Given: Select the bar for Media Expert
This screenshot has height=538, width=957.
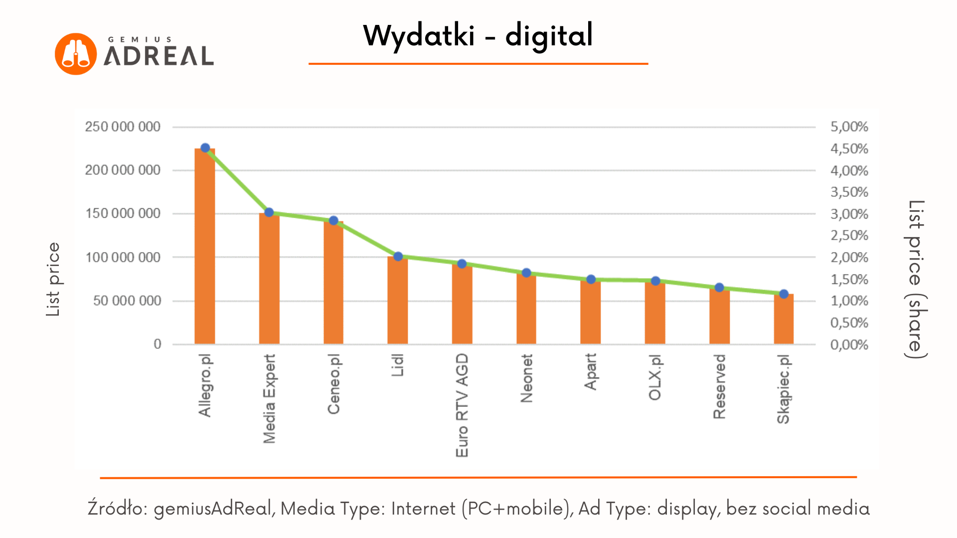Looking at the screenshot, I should pyautogui.click(x=269, y=279).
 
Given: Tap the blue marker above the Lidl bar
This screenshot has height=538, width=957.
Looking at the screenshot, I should pyautogui.click(x=398, y=257).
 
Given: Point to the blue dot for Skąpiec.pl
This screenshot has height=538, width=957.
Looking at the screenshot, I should pyautogui.click(x=784, y=294).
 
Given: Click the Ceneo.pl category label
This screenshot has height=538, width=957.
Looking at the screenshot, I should pyautogui.click(x=333, y=384).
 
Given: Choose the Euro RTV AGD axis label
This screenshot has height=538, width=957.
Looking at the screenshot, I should pyautogui.click(x=462, y=405).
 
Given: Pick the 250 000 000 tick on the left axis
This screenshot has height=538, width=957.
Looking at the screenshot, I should pyautogui.click(x=123, y=127).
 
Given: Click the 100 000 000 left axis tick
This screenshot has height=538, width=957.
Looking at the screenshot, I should pyautogui.click(x=123, y=258).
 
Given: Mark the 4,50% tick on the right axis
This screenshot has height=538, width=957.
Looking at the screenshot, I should pyautogui.click(x=849, y=149).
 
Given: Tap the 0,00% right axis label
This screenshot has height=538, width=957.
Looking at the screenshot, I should pyautogui.click(x=849, y=345).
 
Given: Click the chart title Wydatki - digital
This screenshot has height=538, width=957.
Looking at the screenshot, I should pyautogui.click(x=478, y=36).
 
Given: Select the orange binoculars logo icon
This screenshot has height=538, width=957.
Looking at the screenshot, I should pyautogui.click(x=76, y=54).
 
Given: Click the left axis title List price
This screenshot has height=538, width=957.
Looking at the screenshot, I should pyautogui.click(x=53, y=279).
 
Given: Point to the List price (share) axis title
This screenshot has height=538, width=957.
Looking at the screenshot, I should pyautogui.click(x=916, y=279).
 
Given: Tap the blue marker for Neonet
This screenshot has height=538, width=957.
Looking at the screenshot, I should pyautogui.click(x=526, y=273).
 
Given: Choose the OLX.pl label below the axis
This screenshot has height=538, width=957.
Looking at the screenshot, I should pyautogui.click(x=655, y=378).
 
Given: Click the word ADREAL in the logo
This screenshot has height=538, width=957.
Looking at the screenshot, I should pyautogui.click(x=159, y=56).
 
